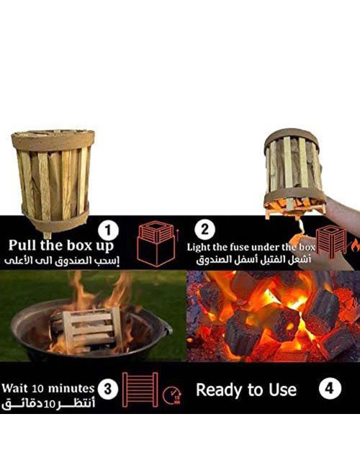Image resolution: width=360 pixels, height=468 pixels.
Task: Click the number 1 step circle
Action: click(108, 230)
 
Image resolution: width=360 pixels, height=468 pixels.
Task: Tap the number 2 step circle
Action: click(204, 230)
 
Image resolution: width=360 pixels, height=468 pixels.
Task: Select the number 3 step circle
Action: click(108, 389)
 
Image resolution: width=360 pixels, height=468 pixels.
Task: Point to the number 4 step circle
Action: click(330, 389)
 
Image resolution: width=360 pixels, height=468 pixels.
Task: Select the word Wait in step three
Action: click(14, 388)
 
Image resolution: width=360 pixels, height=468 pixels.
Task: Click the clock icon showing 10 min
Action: click(171, 396)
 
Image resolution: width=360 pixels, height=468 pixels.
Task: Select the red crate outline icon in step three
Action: click(140, 390)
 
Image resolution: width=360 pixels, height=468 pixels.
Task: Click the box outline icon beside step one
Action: click(156, 243)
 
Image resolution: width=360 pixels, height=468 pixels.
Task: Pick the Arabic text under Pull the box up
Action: click(61, 261)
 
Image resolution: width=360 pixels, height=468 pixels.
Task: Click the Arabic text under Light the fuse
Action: click(253, 258)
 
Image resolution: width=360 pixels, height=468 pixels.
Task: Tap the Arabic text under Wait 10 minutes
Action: click(48, 403)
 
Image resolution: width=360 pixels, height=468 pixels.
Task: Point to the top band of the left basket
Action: click(53, 141)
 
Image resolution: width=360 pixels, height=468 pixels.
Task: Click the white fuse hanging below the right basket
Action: click(300, 227)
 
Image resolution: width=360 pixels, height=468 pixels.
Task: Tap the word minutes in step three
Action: click(71, 388)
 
